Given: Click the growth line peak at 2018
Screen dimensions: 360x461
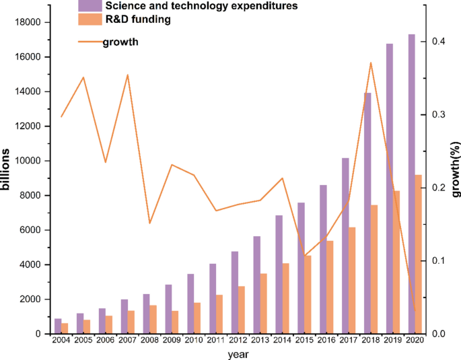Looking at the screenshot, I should (x=371, y=63).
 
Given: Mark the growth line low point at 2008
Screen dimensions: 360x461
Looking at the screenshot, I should (x=149, y=223).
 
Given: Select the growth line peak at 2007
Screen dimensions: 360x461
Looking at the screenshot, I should (x=127, y=75).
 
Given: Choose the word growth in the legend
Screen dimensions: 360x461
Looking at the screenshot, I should (x=120, y=43).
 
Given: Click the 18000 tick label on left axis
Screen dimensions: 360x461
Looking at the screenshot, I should (x=28, y=22).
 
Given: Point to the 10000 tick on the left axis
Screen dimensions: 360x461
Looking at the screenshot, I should (x=28, y=161).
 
